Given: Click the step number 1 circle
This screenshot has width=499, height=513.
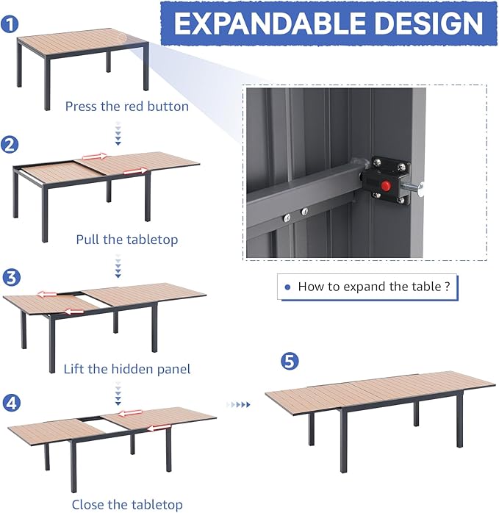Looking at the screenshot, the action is pos(10,24).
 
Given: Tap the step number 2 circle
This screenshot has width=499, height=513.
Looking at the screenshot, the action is pos(10,145).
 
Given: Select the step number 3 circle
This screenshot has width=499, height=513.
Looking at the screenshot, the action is pos(12,278).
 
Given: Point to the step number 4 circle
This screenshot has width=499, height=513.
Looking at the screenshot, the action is pos(12,403).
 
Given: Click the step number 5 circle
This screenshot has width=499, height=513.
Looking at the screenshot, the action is pos(290,362).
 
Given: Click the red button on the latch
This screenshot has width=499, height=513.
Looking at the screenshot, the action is pos(386,186).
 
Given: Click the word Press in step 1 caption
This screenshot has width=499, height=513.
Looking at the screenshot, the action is pos(82,107).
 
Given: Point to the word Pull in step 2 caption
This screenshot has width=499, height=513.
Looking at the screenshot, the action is pos(87,240).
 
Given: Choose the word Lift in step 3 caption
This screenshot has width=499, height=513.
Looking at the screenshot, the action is pos(74,369).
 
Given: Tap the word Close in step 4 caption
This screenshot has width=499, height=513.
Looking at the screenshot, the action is pos(87,504).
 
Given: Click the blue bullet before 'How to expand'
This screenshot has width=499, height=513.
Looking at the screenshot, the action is pos(288,287).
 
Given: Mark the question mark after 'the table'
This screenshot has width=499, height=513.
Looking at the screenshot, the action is pos(448,287).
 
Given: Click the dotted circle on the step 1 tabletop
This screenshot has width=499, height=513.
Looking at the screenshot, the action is pos(122,37).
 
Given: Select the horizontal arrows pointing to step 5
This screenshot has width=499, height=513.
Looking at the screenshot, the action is pos(238,405).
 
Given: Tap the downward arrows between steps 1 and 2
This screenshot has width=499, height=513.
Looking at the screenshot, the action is pos(118,134).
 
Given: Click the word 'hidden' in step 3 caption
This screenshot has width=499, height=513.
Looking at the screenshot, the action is pos(133,369).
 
